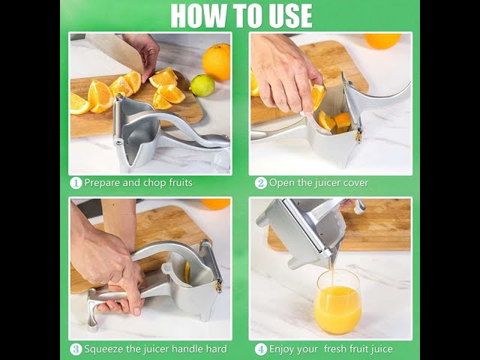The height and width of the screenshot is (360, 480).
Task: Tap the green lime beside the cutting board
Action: tap(202, 85)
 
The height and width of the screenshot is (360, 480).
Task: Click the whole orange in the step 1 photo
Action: tap(217, 62)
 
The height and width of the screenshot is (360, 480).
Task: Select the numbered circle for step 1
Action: tap(76, 183)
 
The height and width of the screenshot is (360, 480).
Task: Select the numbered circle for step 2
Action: tap(261, 183)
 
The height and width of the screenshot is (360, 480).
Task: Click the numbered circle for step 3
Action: tap(76, 349)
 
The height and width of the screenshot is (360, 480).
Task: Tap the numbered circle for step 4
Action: tap(261, 349)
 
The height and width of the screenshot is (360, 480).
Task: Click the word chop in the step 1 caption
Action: tap(155, 183)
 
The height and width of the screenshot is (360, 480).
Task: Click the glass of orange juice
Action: tap(337, 302)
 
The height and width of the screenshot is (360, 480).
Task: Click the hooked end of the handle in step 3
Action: tap(91, 309)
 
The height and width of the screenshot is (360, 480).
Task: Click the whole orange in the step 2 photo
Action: tap(382, 41)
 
